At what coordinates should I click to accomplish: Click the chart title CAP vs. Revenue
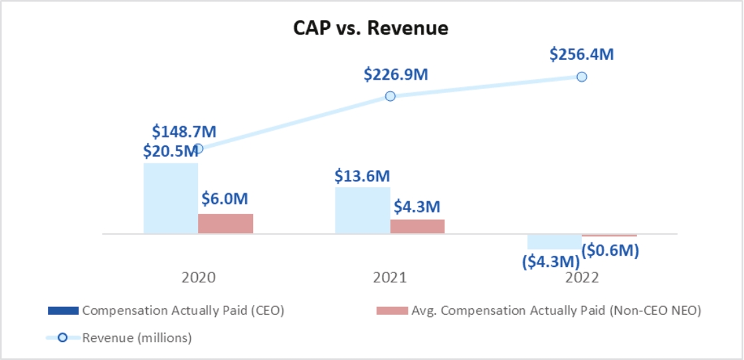(371, 29)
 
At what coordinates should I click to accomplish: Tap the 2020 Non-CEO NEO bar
(225, 223)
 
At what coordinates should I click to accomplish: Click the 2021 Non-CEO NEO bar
(417, 226)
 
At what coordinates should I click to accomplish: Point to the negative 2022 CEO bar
(554, 241)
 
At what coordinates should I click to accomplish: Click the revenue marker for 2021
(390, 96)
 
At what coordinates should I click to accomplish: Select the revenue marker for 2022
(582, 76)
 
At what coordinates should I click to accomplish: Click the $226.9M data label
(396, 74)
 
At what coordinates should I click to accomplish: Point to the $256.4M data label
(582, 54)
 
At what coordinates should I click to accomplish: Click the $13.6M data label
(363, 176)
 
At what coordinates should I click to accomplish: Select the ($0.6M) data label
(610, 250)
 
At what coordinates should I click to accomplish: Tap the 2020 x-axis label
(198, 278)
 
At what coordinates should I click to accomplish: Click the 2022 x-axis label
(582, 278)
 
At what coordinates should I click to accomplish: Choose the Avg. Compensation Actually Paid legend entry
(538, 310)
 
